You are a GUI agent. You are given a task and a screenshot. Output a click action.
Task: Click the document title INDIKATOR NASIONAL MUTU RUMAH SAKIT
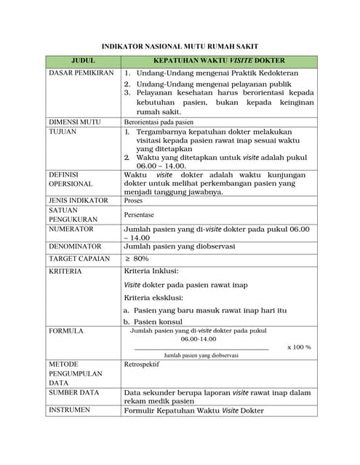point(180,46)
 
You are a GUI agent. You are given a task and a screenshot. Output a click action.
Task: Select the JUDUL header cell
point(83,61)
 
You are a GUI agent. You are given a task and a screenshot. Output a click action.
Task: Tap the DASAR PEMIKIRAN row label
point(81,73)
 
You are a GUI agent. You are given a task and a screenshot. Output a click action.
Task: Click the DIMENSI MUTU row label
point(75,122)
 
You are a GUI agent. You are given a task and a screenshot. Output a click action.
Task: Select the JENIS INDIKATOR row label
point(78,200)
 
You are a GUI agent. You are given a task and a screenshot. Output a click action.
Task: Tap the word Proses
point(134,200)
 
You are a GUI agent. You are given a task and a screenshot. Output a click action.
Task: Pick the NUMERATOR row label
point(71,229)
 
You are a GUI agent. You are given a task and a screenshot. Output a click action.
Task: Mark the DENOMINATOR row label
point(75,246)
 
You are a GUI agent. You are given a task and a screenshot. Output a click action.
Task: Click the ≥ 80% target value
point(137,259)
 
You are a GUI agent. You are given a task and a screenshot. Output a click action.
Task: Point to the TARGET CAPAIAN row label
point(79,259)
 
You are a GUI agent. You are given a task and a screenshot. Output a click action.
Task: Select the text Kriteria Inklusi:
point(151,271)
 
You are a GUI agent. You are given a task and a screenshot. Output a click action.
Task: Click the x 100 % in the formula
point(299,347)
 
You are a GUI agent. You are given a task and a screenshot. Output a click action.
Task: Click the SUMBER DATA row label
point(73,392)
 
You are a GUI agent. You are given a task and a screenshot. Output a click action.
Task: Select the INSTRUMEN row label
point(69,410)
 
